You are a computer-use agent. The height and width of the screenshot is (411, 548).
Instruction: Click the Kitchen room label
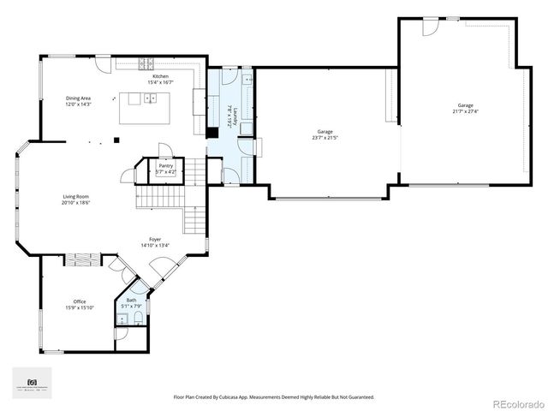coord(161,76)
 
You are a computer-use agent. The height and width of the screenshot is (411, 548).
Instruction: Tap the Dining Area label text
coord(79,98)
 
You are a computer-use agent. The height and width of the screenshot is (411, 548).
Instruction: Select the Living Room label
coord(75,197)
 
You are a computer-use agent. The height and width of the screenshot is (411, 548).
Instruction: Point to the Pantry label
coord(165,165)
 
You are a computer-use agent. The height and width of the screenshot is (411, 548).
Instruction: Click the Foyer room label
coord(155,239)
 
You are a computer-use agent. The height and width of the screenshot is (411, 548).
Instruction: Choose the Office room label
coord(79,301)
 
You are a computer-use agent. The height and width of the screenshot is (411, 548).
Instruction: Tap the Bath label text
coord(131,300)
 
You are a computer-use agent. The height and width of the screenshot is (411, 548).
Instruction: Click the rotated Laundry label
coord(229,117)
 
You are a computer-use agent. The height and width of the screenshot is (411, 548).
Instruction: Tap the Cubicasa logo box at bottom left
coord(32,383)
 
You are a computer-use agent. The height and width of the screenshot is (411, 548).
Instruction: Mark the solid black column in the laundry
coord(210,133)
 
